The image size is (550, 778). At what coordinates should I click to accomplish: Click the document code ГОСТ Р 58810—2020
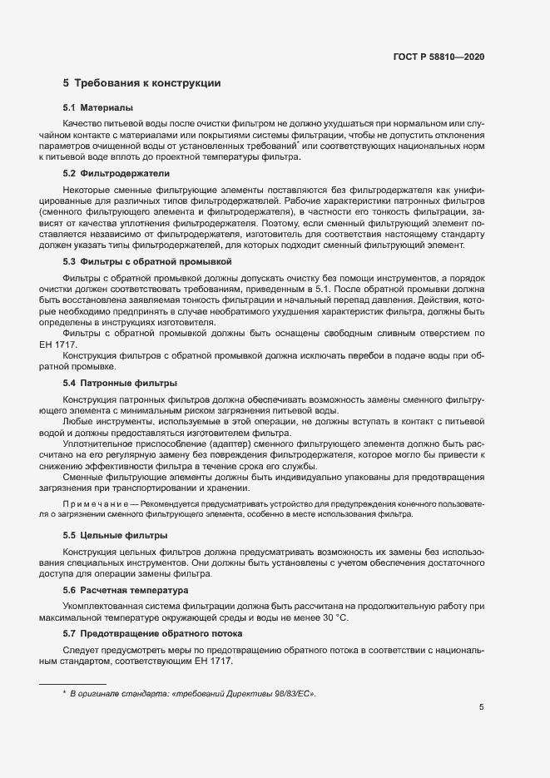[x=439, y=57]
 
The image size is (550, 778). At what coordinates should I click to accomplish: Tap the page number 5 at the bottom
[x=482, y=708]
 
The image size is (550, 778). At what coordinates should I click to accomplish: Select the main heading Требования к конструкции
[x=141, y=83]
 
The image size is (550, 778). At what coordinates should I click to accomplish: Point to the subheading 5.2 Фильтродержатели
[x=116, y=174]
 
